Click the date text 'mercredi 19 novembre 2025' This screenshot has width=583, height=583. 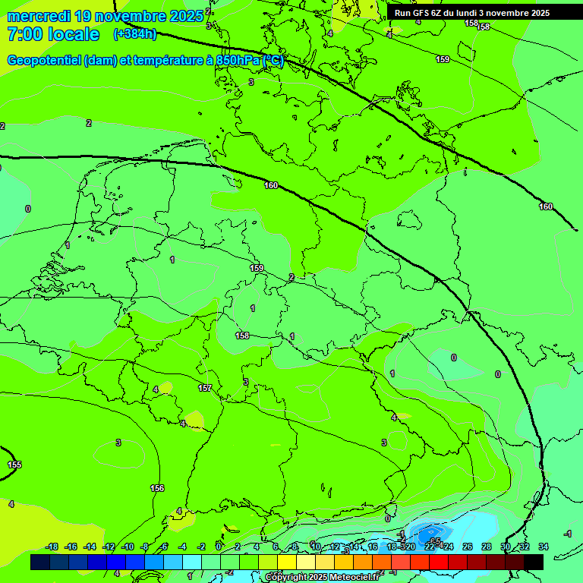106,16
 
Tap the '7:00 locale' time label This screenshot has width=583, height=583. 53,34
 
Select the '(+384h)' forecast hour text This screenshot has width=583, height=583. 134,34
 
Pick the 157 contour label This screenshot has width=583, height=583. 205,388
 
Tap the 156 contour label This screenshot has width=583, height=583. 157,488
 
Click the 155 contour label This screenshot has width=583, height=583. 14,465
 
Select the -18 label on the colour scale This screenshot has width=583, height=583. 52,547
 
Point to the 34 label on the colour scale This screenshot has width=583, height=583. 543,547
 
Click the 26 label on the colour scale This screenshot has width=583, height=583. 467,547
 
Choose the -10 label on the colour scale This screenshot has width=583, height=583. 128,547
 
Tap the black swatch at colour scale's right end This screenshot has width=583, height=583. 534,562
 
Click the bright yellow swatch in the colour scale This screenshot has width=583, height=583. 286,562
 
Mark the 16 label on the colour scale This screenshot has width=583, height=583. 373,547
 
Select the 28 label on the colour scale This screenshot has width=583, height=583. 486,547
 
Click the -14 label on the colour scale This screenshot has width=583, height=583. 90,547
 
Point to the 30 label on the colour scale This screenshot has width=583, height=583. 505,547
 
